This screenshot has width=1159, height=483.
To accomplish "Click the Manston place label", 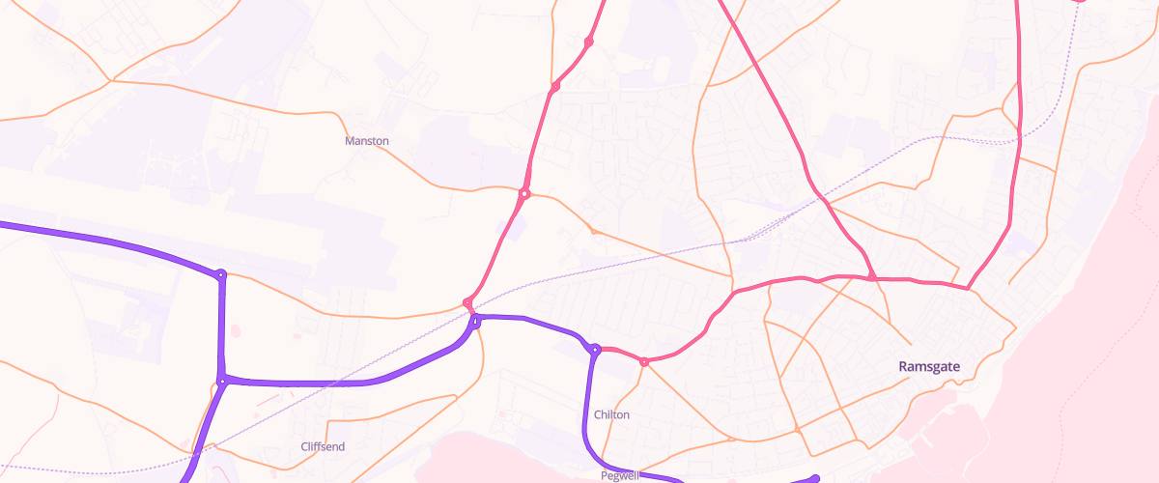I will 367,141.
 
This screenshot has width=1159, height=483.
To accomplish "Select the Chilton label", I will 611,414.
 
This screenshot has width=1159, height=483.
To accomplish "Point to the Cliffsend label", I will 323,447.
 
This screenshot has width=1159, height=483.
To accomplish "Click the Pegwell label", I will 619,476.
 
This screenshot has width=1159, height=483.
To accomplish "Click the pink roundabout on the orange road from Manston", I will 524,194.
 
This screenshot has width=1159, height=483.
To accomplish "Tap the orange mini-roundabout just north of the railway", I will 593,231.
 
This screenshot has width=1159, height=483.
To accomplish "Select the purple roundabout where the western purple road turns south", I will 221,275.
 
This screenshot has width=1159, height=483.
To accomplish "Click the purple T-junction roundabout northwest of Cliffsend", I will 222,382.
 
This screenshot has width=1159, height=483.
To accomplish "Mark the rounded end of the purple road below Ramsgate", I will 816,478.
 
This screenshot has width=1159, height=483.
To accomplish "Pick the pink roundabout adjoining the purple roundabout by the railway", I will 467,303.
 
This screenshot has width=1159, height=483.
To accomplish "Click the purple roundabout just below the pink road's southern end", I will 474,320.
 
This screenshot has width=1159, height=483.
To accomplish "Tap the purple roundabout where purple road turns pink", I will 596,349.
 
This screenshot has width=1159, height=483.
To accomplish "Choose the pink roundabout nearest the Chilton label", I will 643,362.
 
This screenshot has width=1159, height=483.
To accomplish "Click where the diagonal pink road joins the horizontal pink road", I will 872,278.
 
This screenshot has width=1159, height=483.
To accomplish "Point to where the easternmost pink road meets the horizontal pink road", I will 968,288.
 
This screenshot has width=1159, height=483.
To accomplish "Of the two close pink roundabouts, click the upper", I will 588,42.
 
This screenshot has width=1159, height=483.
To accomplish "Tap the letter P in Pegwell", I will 603,476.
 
